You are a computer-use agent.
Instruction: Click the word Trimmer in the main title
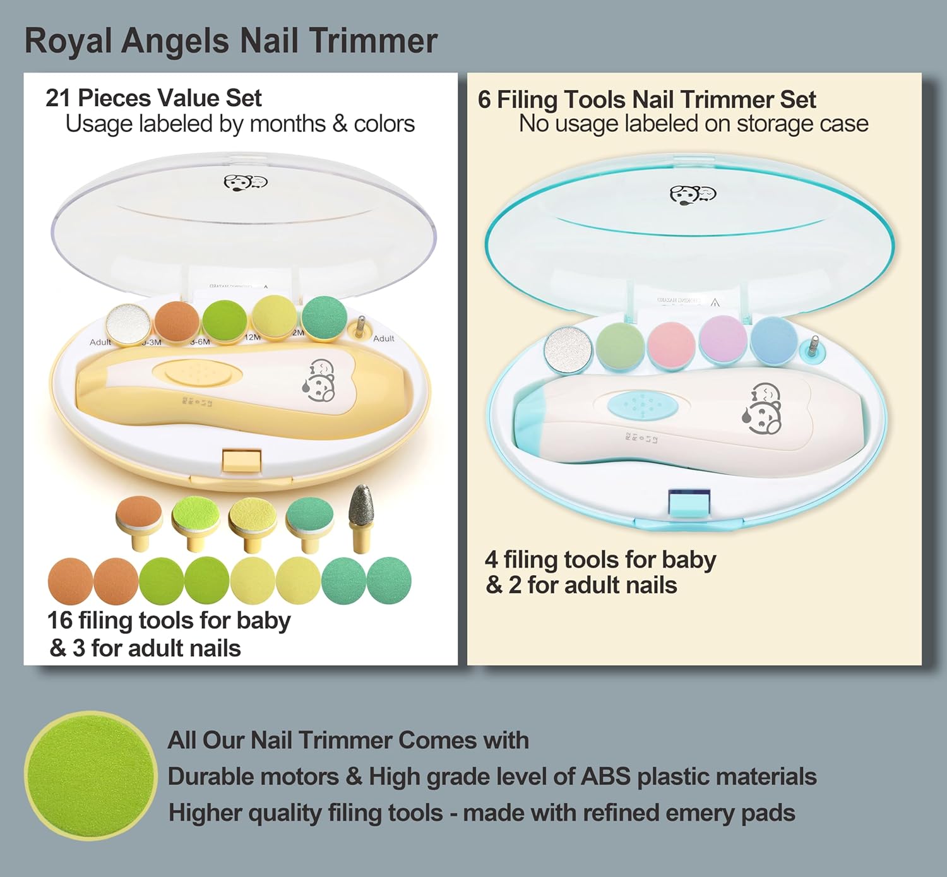(x=373, y=42)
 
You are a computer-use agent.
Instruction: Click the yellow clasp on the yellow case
(x=242, y=460)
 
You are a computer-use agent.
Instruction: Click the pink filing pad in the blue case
(x=672, y=345)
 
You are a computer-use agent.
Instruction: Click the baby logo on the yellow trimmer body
(x=322, y=380)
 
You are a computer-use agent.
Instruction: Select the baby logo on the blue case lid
(x=693, y=194)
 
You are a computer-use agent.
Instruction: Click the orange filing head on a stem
(x=139, y=512)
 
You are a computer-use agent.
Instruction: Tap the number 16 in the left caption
(x=60, y=621)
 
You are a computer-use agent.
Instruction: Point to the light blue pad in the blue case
(x=774, y=338)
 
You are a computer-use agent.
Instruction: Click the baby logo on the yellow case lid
(x=246, y=182)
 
